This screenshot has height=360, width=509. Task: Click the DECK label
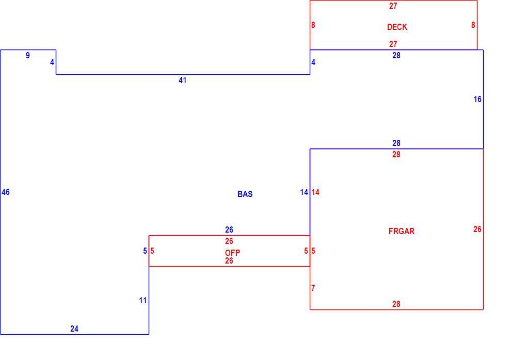coord(397,27)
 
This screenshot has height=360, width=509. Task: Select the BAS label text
coord(245,194)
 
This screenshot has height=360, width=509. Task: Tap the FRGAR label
coord(401,231)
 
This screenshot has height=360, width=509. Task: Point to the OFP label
coord(232,253)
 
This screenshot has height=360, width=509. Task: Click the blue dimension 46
coord(6,192)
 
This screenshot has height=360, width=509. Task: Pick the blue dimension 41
coord(182,80)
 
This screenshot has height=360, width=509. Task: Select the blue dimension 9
coord(27,56)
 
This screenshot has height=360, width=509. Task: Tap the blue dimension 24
coord(74,329)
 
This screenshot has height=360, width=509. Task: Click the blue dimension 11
coord(143,301)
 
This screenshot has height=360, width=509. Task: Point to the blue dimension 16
coord(477,99)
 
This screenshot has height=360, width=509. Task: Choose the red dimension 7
coord(313,288)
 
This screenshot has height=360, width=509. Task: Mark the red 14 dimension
coord(315,192)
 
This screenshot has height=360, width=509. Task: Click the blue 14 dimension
coord(304,192)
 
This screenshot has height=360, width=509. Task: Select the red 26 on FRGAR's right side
coord(477,230)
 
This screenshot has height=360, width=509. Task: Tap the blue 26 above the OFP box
coord(229,230)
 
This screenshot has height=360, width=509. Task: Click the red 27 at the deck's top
coord(393,6)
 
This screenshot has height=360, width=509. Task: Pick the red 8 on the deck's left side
coord(313,25)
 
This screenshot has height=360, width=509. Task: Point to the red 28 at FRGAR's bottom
coord(396,304)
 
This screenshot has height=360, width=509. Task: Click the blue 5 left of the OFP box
coord(145,251)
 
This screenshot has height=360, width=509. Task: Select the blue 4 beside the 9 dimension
coord(52,62)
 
